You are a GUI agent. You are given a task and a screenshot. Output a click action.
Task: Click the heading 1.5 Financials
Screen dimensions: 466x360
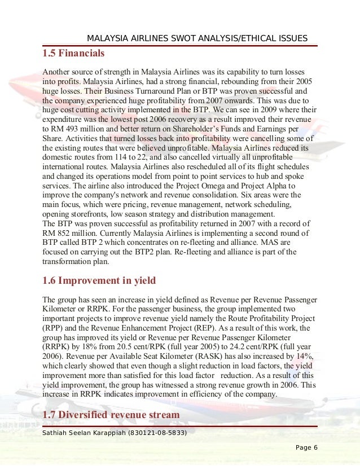coord(73,55)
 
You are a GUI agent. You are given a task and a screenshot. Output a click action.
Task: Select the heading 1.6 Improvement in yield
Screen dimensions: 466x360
coord(99,280)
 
